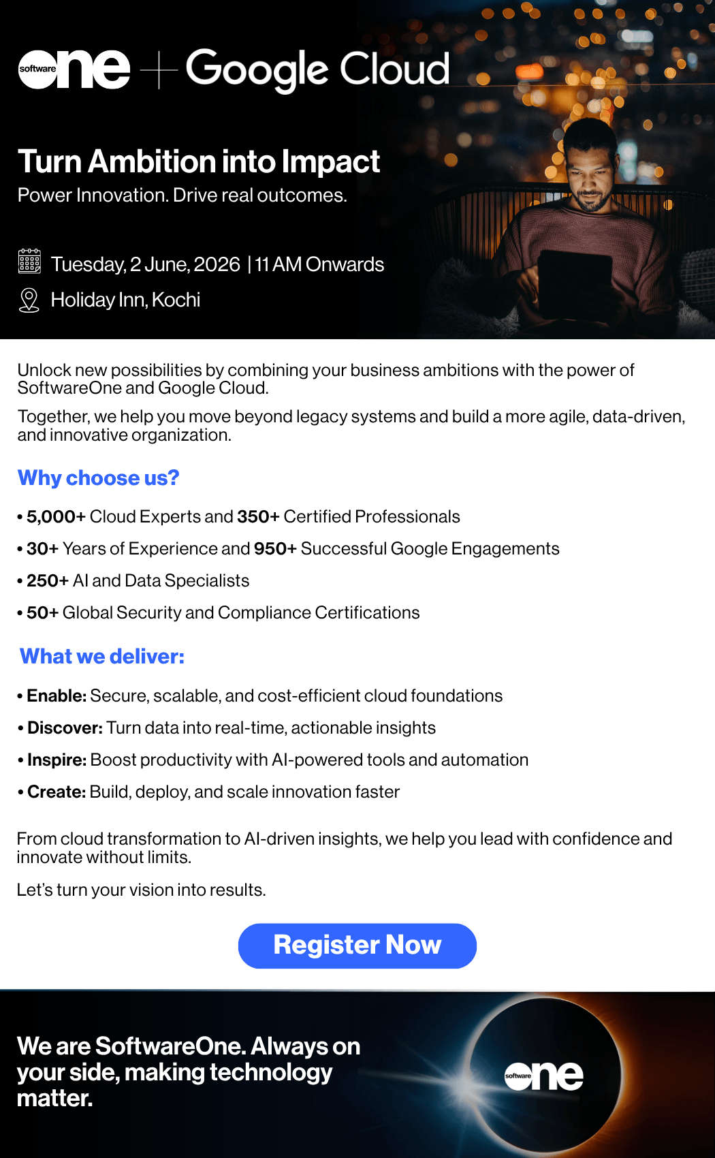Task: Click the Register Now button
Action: click(x=357, y=945)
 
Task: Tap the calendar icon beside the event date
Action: click(x=29, y=261)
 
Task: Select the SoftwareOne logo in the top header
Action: click(x=74, y=69)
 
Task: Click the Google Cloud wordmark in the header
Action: click(x=318, y=69)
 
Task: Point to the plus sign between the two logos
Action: click(x=159, y=69)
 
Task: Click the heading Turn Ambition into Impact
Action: click(x=199, y=161)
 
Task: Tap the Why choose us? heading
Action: click(x=98, y=478)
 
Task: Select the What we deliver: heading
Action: click(x=101, y=656)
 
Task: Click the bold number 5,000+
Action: click(x=56, y=516)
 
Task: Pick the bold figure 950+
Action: click(x=275, y=548)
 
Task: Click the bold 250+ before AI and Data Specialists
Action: click(x=48, y=580)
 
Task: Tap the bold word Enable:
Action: click(x=57, y=696)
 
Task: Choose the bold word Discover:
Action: click(x=65, y=728)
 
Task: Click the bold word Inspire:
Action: click(x=57, y=760)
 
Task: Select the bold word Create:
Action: click(x=57, y=792)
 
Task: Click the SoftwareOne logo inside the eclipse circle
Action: click(x=544, y=1076)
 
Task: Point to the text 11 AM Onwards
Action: click(x=319, y=264)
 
